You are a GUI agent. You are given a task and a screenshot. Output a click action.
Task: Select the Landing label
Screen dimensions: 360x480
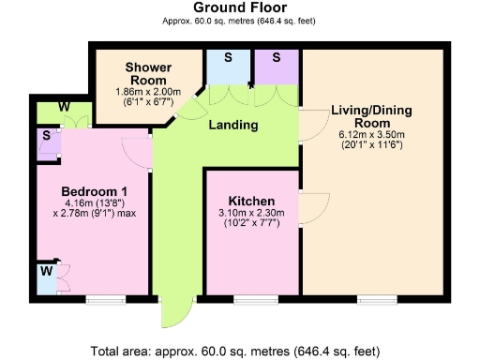pos(232,125)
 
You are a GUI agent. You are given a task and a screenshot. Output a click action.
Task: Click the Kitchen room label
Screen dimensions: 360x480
pos(251,202)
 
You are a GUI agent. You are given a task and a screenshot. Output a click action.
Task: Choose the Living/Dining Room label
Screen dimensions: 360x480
pos(371,117)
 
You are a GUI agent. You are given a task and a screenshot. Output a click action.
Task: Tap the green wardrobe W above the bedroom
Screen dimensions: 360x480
pos(64,109)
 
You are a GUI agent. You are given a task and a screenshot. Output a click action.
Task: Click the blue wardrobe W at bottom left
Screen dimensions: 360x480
pos(44,277)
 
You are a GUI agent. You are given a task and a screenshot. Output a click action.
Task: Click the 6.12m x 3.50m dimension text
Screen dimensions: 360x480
pos(371,135)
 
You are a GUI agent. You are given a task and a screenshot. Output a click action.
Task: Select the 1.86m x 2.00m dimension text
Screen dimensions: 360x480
pos(146,92)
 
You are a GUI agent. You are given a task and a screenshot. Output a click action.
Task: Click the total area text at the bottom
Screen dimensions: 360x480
pos(235,351)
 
